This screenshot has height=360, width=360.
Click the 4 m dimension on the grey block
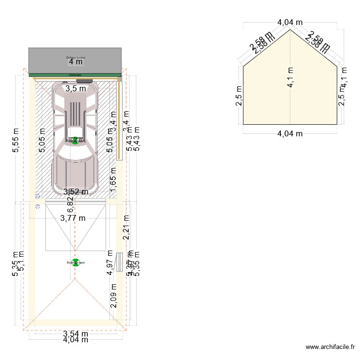[x=75, y=62]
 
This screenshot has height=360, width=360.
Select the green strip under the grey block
[x=75, y=75]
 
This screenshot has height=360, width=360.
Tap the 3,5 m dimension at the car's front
[x=76, y=88]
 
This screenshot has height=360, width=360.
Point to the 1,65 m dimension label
[x=114, y=182]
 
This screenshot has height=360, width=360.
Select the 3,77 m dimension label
[x=73, y=218]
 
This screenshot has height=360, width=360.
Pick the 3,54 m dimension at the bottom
[x=75, y=333]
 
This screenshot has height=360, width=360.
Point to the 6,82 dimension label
[x=70, y=205]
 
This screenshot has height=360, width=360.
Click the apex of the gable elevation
[x=290, y=30]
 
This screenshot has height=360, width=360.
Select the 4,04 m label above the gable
[x=290, y=22]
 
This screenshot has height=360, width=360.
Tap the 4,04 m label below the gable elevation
[x=290, y=133]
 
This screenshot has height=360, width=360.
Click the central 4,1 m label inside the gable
[x=290, y=77]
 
